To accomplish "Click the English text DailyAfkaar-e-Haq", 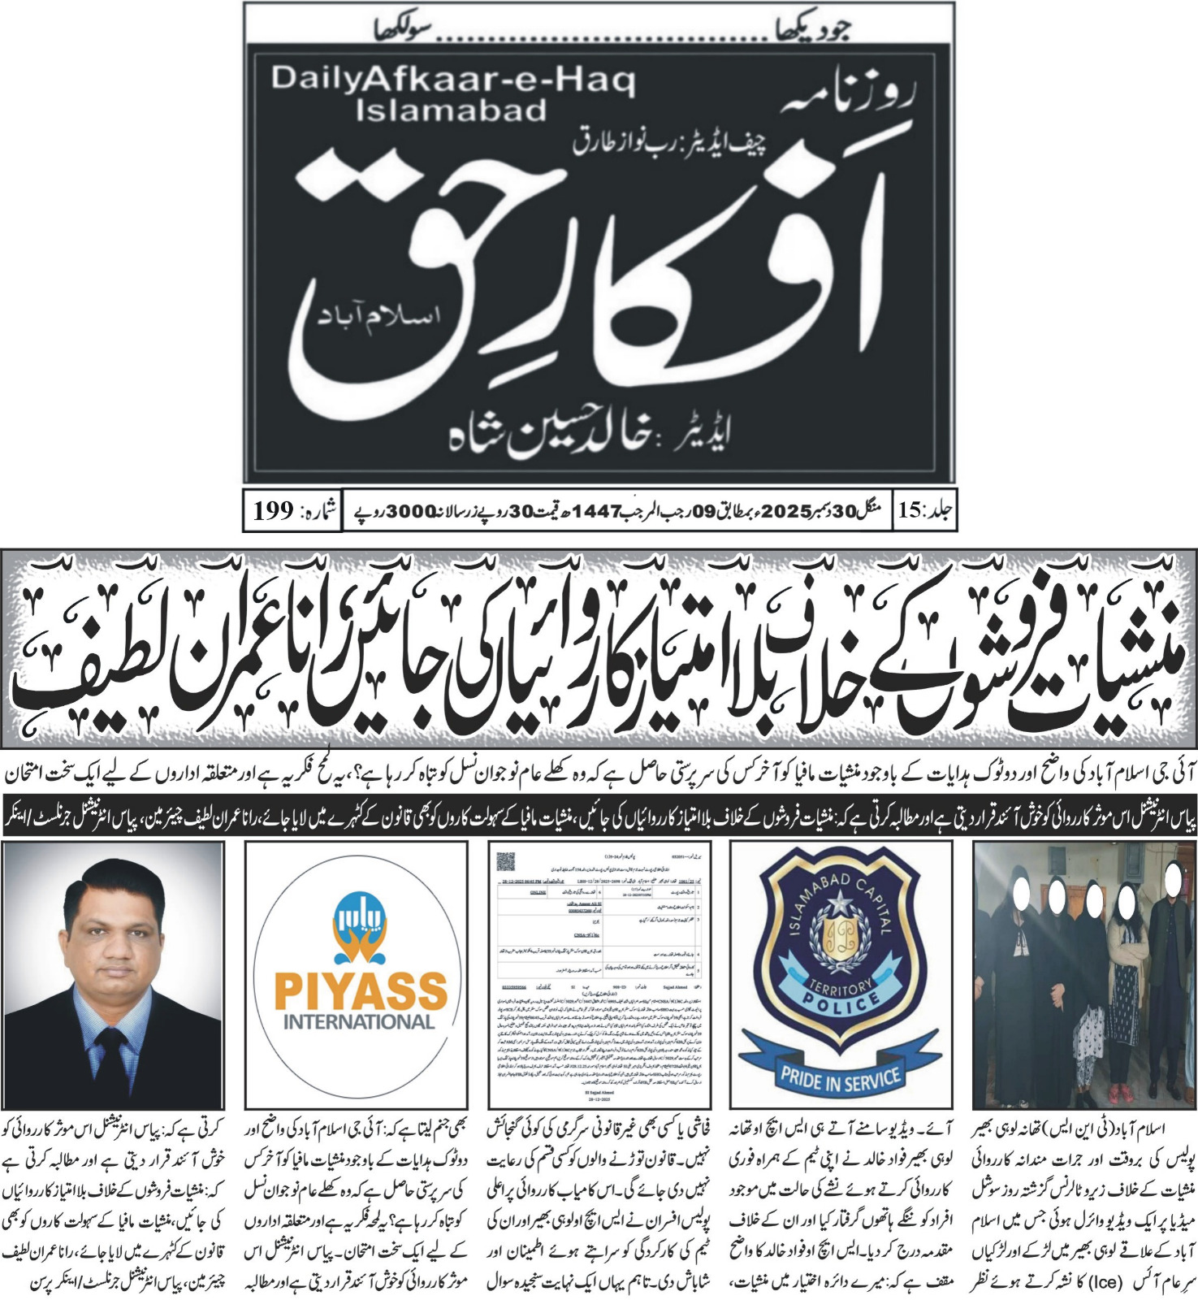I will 453,80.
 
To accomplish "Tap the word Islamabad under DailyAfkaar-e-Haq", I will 452,110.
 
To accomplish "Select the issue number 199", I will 273,511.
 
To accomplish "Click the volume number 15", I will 911,511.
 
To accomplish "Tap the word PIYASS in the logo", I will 361,991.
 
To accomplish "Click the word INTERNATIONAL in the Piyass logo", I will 359,1021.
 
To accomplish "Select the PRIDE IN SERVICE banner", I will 840,1077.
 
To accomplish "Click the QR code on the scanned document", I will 505,860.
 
